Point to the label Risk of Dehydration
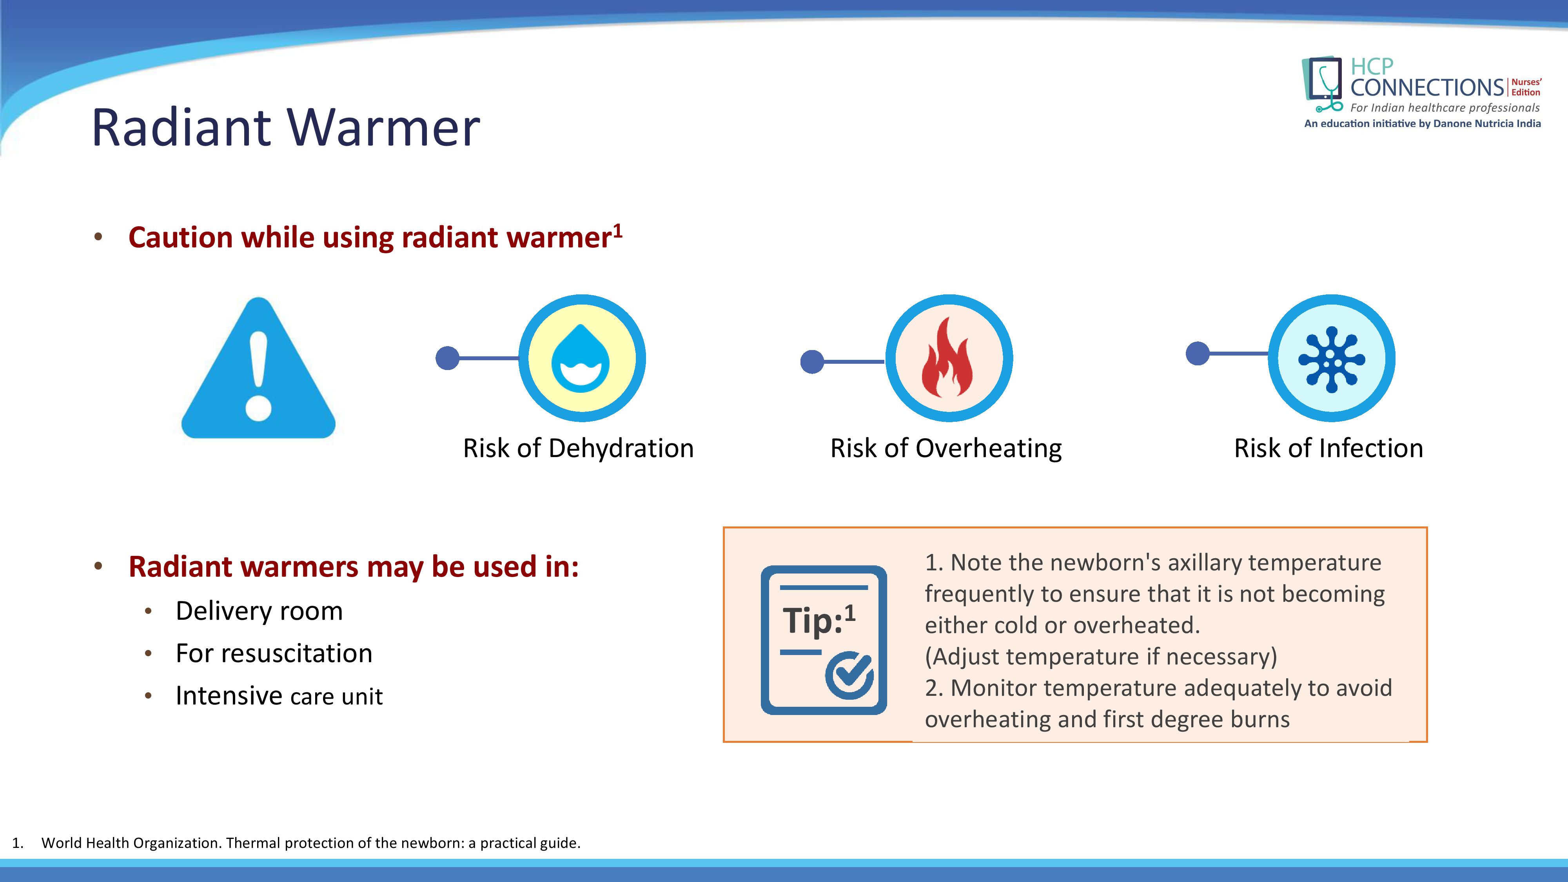tap(578, 448)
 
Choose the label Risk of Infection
tap(1328, 448)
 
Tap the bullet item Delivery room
tap(259, 610)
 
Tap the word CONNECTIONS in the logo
tap(1427, 88)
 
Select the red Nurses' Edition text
tap(1526, 87)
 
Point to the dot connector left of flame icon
tap(812, 361)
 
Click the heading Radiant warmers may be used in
tap(354, 567)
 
